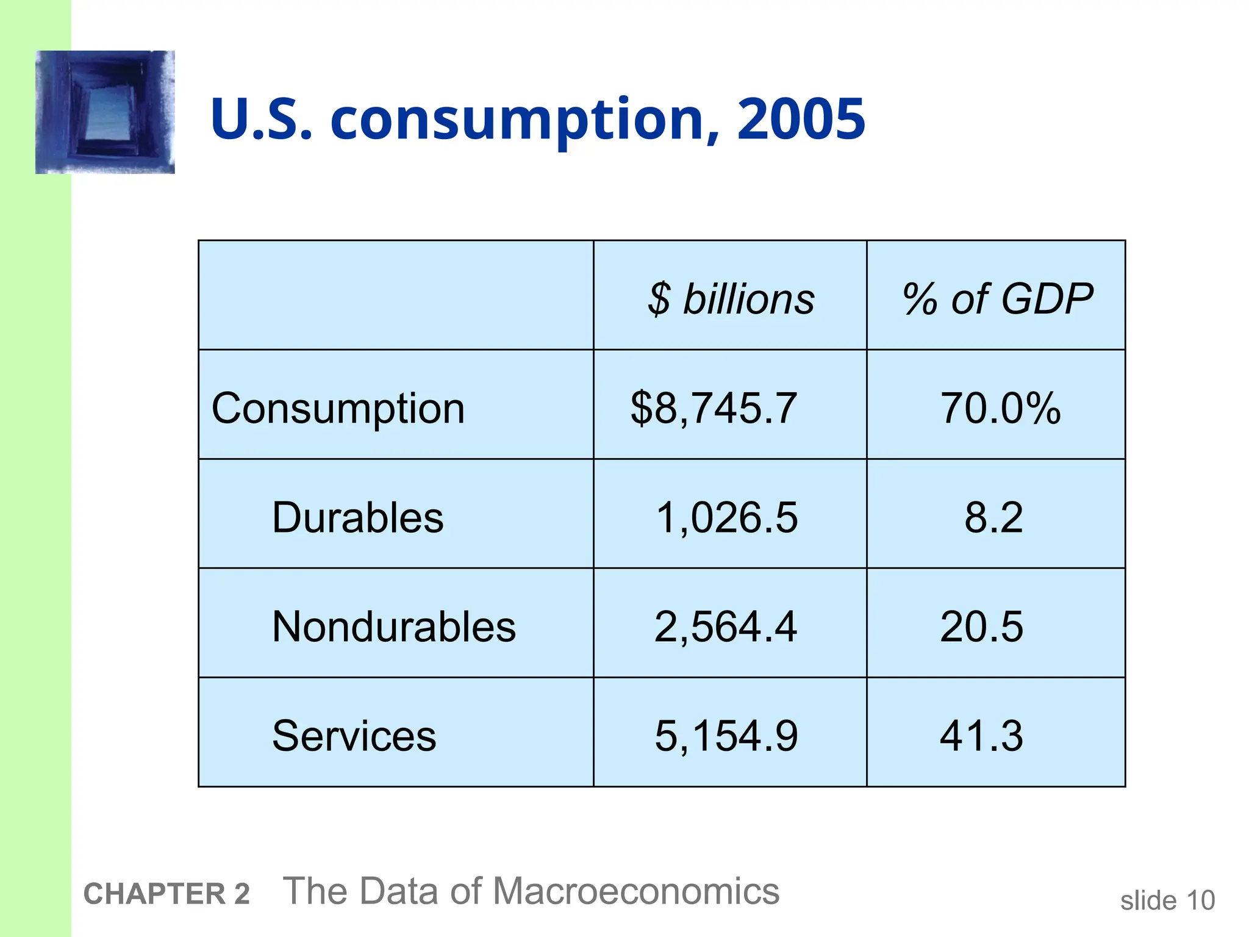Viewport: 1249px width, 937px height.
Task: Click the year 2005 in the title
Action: point(801,119)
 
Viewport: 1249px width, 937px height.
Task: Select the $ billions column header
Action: point(731,299)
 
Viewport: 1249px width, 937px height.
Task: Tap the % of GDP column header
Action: point(997,299)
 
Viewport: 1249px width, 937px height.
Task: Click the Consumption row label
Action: point(338,408)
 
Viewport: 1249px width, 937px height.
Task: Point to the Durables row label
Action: point(357,517)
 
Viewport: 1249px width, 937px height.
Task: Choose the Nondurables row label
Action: point(393,626)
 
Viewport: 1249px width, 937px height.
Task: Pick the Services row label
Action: point(354,736)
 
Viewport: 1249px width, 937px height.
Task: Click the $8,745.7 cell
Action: point(713,408)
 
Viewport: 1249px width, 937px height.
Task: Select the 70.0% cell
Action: point(1000,408)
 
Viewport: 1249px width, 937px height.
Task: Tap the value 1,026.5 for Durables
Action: point(726,517)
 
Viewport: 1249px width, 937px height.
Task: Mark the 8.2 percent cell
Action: point(993,517)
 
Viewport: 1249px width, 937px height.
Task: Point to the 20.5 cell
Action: point(981,626)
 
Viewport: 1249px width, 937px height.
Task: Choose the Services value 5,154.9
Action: point(726,736)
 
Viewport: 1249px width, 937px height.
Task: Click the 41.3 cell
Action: point(981,736)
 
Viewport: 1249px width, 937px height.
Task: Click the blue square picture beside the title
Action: point(105,112)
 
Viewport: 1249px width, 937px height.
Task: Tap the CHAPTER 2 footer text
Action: point(166,894)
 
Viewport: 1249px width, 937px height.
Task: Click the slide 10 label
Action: point(1167,900)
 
